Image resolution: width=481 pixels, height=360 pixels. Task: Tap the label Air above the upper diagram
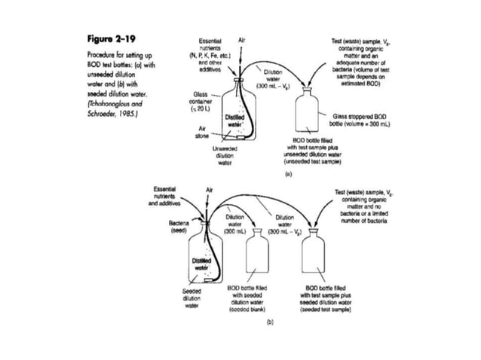pos(241,38)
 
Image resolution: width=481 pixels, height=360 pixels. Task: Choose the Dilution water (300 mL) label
pos(234,223)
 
